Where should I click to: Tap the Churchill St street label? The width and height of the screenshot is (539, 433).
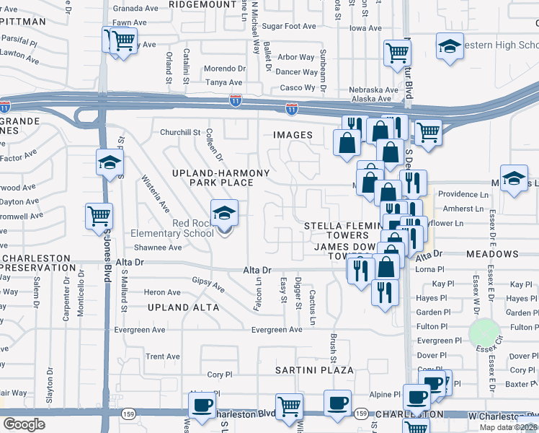click(x=179, y=132)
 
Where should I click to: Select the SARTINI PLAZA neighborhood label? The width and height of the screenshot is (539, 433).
click(x=315, y=370)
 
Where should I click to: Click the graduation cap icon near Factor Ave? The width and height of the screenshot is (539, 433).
click(x=109, y=163)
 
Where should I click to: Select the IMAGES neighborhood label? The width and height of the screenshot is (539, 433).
click(x=293, y=135)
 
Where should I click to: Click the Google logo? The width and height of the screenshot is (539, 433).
click(x=24, y=424)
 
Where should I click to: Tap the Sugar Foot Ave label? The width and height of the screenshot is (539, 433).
click(x=289, y=26)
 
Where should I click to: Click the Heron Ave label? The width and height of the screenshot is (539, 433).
click(x=162, y=292)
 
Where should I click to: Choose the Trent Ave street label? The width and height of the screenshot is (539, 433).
click(x=163, y=357)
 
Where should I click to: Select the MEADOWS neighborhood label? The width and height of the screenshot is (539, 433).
click(x=492, y=254)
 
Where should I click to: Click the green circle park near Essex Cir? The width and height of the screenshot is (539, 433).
click(x=484, y=333)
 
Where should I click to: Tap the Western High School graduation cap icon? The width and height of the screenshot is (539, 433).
click(x=450, y=48)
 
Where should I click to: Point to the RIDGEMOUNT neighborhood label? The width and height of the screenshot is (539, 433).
click(x=202, y=4)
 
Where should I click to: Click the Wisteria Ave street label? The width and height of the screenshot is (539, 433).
click(x=155, y=194)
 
